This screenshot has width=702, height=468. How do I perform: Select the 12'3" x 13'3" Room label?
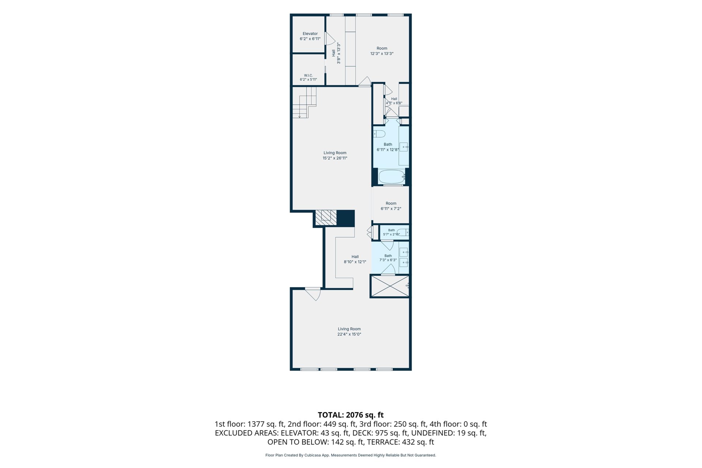[x=382, y=51]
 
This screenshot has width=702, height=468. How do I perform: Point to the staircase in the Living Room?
[x=304, y=102]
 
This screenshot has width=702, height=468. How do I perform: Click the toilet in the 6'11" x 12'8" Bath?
[x=379, y=133]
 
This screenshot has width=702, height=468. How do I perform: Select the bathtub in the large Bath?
[x=392, y=177]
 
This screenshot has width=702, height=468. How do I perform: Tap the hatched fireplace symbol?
[x=326, y=218]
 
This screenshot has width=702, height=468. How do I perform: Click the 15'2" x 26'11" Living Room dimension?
[x=335, y=158]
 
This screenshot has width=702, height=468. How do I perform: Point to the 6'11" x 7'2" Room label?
[x=391, y=206]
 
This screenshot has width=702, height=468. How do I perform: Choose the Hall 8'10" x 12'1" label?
[x=355, y=259]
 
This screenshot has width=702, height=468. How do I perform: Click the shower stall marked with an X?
[x=390, y=286]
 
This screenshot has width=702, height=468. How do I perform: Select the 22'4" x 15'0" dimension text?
[x=349, y=334]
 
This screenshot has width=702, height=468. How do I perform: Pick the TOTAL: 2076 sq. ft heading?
[x=351, y=415]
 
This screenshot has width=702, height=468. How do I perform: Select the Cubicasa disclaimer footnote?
[x=351, y=455]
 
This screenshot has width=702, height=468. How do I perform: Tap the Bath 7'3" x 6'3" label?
[x=388, y=258]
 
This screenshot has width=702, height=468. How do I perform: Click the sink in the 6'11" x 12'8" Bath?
[x=404, y=147]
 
